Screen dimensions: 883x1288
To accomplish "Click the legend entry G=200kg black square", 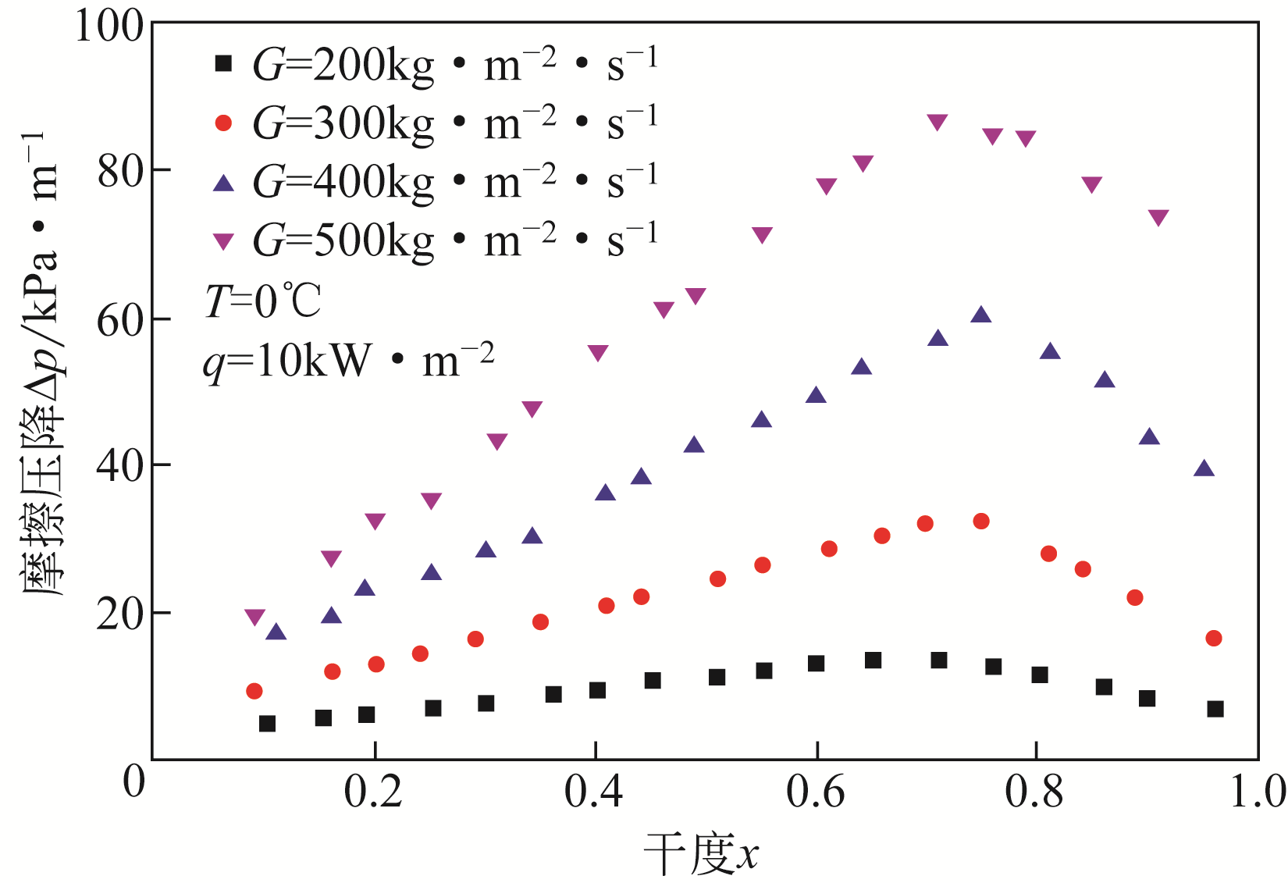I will click(224, 64).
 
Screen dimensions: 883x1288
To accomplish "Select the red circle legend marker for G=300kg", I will click(224, 123).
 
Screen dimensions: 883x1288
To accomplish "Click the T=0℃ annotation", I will click(262, 301).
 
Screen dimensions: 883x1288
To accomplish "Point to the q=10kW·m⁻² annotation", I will click(348, 361).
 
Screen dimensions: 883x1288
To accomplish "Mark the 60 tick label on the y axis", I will click(121, 320).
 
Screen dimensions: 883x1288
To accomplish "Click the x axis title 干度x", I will click(701, 854).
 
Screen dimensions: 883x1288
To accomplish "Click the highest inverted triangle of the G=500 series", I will click(938, 122).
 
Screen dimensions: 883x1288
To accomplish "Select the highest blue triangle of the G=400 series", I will click(981, 315).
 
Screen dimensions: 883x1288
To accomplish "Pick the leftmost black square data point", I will click(267, 724).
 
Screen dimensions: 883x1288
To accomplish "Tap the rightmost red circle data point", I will click(1213, 639).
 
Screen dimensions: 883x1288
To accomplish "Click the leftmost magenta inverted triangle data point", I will click(254, 617).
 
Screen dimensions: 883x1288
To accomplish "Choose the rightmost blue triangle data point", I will click(1204, 468).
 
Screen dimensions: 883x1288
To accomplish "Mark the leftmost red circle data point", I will click(254, 691).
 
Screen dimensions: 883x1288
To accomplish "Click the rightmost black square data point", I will click(1215, 709).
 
